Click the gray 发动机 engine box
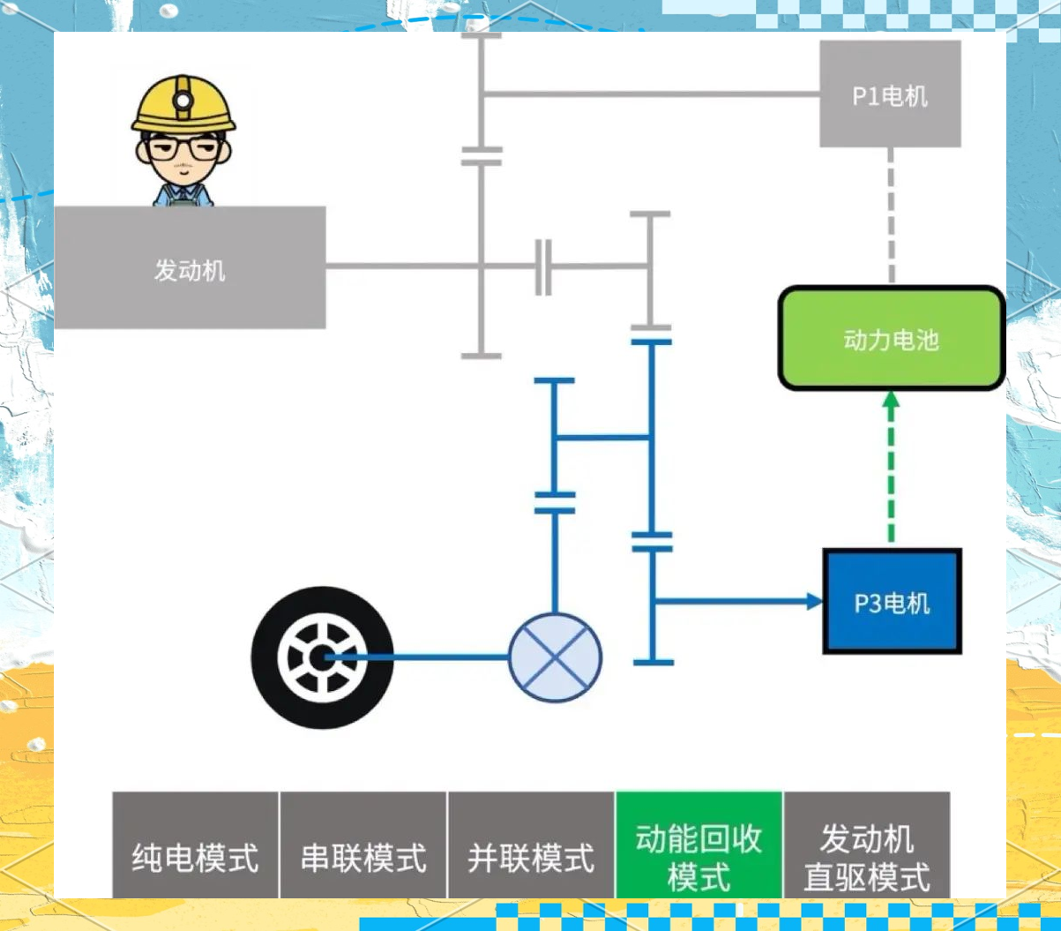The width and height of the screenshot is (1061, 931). [190, 268]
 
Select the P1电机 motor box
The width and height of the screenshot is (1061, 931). [890, 94]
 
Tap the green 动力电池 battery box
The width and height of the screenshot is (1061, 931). [891, 339]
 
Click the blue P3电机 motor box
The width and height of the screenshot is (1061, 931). [892, 602]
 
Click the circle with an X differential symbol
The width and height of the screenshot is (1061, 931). [555, 657]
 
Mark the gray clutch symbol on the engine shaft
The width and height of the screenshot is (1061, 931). [544, 266]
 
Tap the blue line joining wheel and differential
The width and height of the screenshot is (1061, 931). [423, 657]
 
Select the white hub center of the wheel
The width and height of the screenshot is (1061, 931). [320, 657]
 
